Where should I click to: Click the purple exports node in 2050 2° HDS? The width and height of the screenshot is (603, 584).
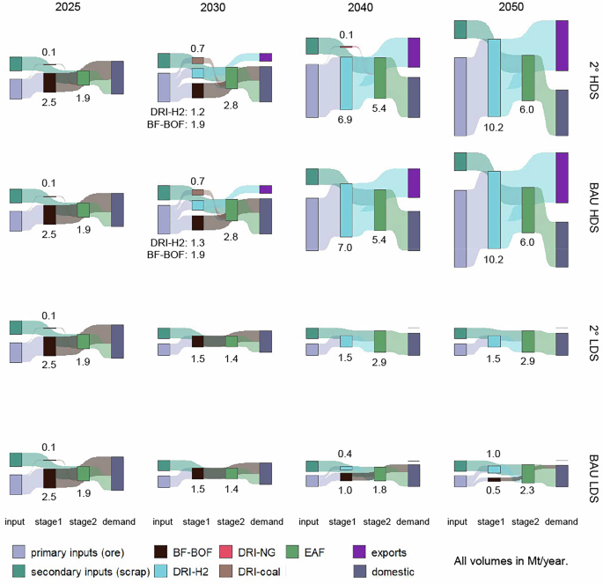[x=562, y=45]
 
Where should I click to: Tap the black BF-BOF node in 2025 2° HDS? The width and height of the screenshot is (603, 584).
[x=49, y=83]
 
